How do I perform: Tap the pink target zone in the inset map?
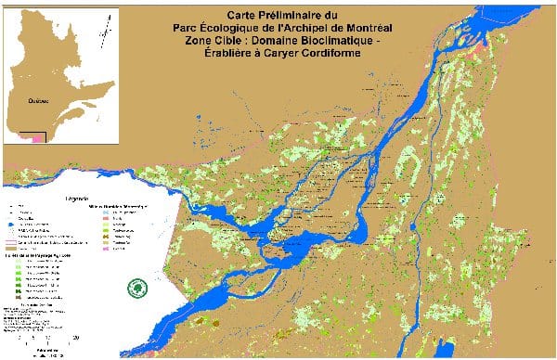(x=37, y=138)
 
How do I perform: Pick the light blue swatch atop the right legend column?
(x=107, y=211)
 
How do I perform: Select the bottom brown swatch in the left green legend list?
(x=19, y=296)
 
